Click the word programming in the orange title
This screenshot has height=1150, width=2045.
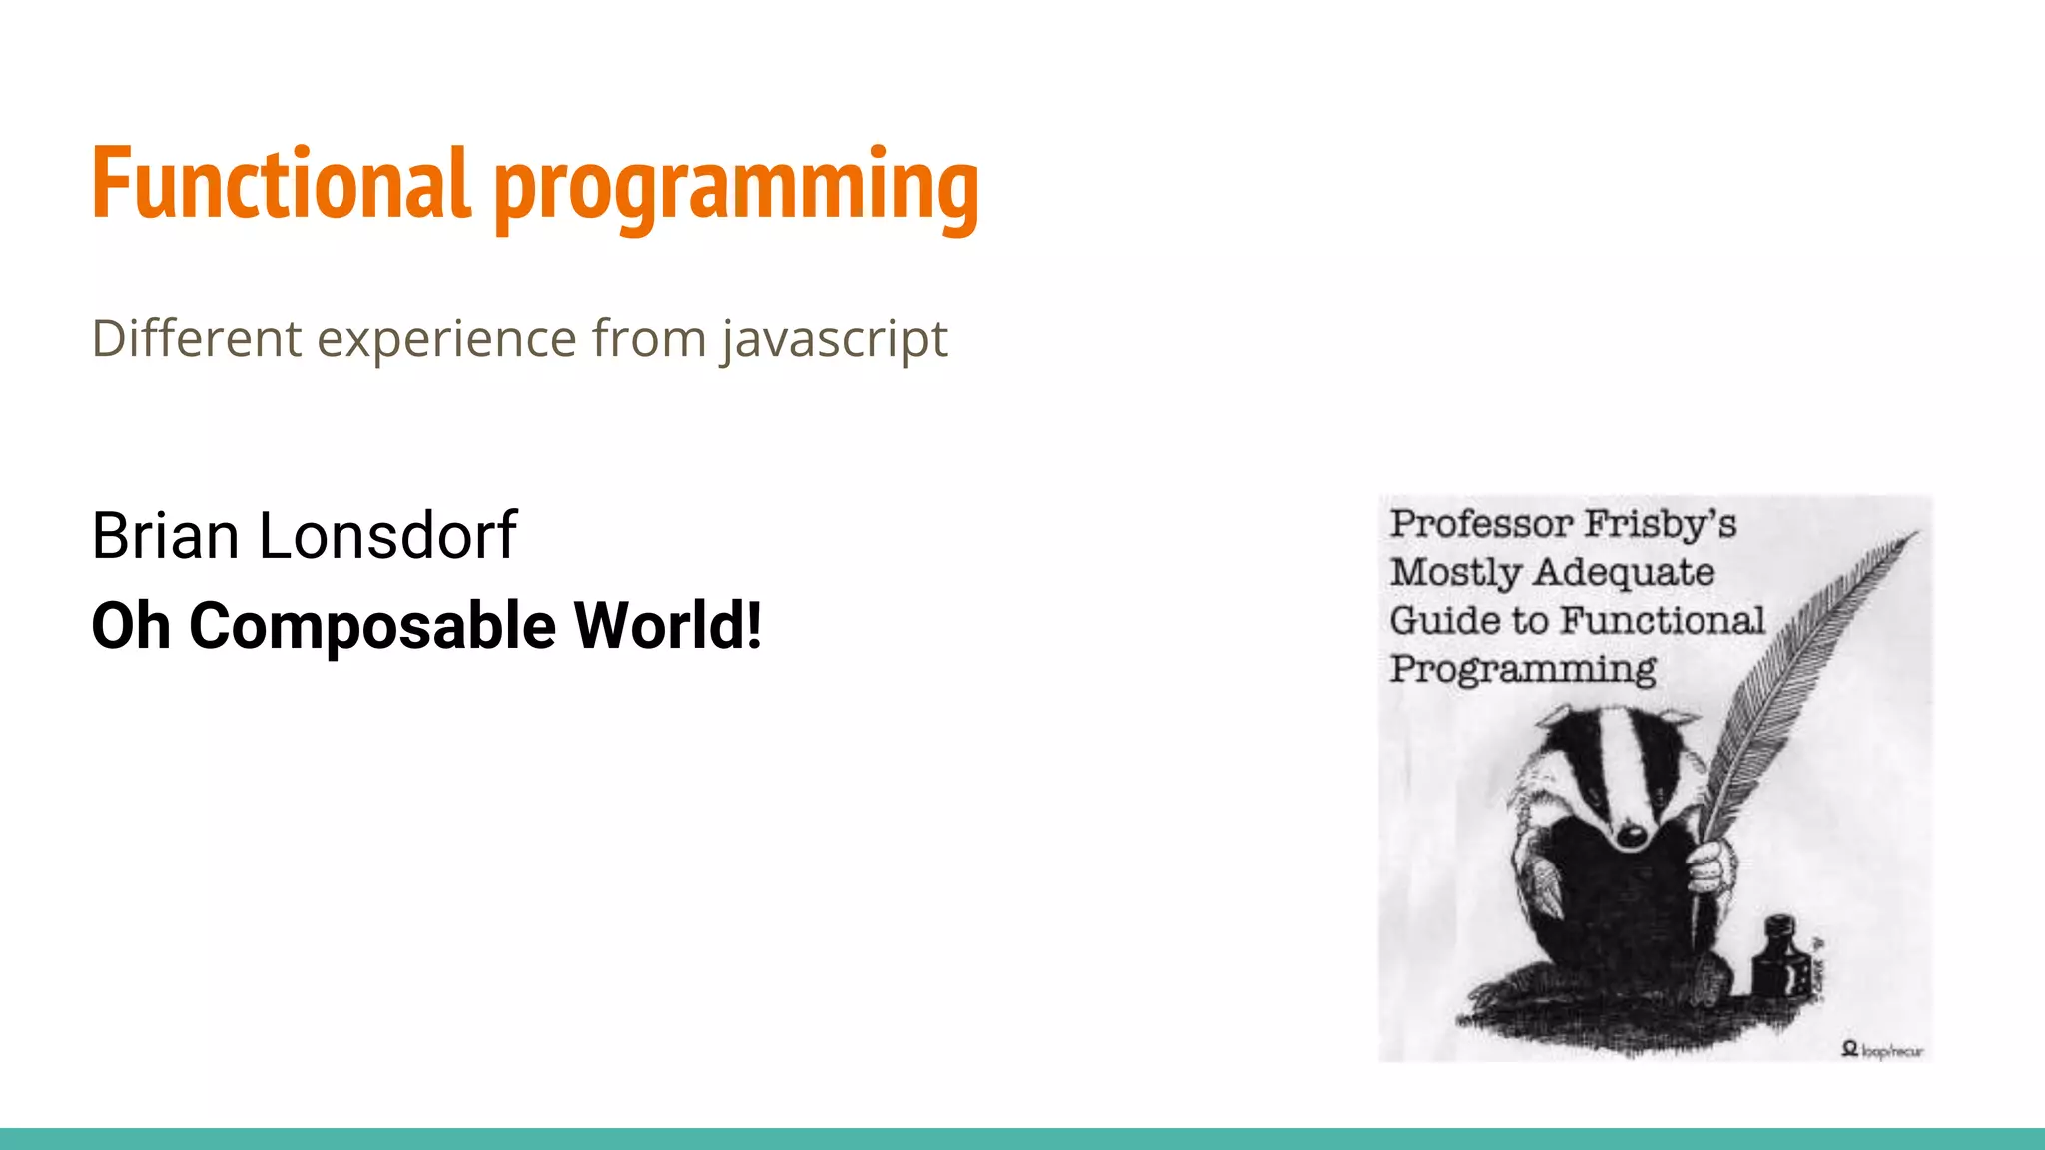pyautogui.click(x=736, y=188)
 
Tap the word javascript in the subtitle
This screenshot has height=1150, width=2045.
pyautogui.click(x=834, y=339)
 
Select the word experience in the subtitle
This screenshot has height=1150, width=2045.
pyautogui.click(x=446, y=339)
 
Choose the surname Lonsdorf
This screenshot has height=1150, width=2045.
pyautogui.click(x=387, y=535)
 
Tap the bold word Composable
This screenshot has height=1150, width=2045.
pyautogui.click(x=372, y=626)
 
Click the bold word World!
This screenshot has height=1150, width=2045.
pyautogui.click(x=668, y=626)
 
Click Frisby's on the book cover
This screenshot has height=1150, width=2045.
pyautogui.click(x=1661, y=523)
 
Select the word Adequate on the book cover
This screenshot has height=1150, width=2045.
pyautogui.click(x=1624, y=573)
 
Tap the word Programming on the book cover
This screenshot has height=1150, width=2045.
pyautogui.click(x=1523, y=668)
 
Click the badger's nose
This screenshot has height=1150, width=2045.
pyautogui.click(x=1632, y=835)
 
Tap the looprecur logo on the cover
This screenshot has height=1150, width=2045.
pyautogui.click(x=1882, y=1049)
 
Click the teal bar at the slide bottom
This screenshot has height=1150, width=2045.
pyautogui.click(x=1022, y=1139)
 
